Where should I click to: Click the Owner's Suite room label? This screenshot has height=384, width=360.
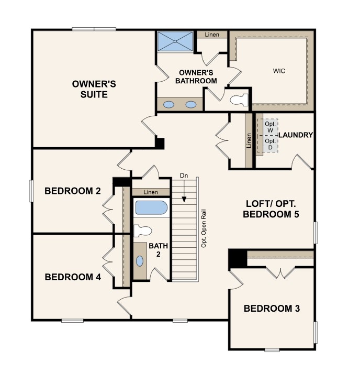point(94,89)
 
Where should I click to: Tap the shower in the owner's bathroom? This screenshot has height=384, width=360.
point(175,41)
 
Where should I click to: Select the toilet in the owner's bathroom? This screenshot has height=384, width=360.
point(239,100)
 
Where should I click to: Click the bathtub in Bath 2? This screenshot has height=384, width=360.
point(151,207)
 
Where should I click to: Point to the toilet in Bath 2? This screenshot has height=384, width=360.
point(142,231)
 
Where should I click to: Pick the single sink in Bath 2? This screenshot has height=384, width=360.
point(140,261)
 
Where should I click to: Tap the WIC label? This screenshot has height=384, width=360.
point(279,71)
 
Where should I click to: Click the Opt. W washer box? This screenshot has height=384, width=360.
point(271,127)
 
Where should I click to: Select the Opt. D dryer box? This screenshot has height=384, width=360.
point(271,144)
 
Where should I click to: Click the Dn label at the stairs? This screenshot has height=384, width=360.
point(184,175)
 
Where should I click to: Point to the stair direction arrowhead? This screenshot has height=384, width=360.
point(184,200)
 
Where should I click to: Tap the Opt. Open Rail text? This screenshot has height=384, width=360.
point(204,228)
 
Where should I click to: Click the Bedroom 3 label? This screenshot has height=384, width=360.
point(272,309)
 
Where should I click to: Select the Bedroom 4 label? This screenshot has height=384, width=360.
point(73,277)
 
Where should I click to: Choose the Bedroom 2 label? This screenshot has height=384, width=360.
point(73,191)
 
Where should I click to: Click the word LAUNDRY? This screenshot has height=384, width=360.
point(296,135)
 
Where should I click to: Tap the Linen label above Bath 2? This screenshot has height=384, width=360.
point(151,192)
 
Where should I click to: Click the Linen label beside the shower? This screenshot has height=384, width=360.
point(212,35)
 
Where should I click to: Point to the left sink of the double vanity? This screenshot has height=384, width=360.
point(168,105)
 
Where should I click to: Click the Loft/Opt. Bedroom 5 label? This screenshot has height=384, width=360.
point(271,209)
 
